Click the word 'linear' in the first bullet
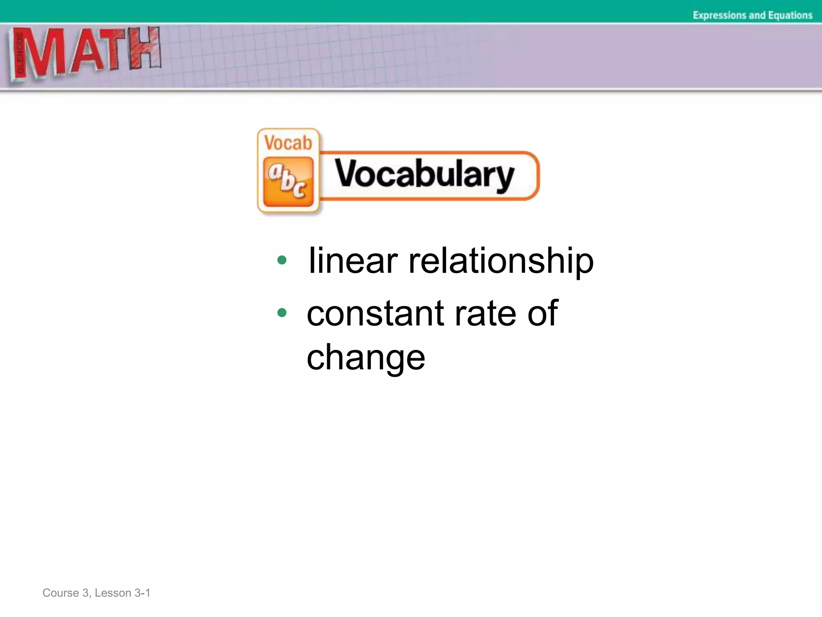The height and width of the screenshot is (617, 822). (353, 261)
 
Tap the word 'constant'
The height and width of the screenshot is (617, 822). (375, 314)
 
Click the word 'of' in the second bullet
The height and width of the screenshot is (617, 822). (542, 314)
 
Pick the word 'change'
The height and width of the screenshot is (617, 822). (366, 358)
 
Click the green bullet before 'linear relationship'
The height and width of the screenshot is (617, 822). (282, 260)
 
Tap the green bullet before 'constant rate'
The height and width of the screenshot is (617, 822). (282, 313)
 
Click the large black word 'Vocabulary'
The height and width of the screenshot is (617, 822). (424, 175)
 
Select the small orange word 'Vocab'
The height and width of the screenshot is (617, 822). (288, 143)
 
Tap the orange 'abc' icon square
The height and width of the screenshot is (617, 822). (288, 182)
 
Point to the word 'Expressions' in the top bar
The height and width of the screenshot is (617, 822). (719, 15)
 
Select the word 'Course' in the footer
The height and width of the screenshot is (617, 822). (61, 593)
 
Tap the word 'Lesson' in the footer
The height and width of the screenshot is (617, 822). (113, 593)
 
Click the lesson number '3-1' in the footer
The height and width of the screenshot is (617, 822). (142, 593)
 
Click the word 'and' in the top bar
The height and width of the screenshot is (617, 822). (757, 15)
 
